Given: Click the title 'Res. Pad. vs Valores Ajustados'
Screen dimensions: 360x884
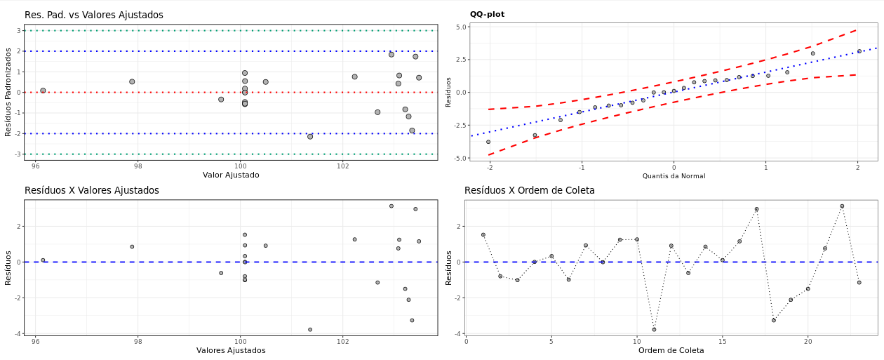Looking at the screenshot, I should click(x=93, y=15).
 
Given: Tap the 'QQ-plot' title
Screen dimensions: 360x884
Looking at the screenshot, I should click(x=487, y=14).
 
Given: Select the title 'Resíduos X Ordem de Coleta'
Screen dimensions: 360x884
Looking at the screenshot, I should click(x=529, y=190).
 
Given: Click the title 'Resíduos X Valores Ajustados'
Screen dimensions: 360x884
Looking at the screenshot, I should click(x=91, y=190).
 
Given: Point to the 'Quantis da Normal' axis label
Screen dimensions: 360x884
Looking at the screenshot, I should click(x=674, y=176).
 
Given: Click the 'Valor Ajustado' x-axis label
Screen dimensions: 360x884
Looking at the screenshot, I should click(x=231, y=175).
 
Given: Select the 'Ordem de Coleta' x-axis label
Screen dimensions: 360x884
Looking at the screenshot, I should click(x=671, y=350).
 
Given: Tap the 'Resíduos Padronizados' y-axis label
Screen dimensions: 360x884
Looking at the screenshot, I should click(x=8, y=92).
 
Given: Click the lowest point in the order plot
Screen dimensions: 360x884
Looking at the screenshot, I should click(x=654, y=329).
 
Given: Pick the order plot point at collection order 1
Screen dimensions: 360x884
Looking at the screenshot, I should click(x=483, y=235).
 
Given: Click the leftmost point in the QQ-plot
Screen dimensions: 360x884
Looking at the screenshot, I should click(x=488, y=142).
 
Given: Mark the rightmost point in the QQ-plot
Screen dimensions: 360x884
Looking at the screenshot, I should click(x=859, y=51).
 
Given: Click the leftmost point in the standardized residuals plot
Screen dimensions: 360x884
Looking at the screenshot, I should click(x=43, y=91).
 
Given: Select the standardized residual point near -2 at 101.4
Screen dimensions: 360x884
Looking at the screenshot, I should click(x=310, y=136).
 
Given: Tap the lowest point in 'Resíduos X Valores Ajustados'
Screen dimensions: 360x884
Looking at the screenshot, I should click(x=310, y=329).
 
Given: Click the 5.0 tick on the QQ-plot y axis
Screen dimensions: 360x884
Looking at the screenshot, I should click(x=460, y=27).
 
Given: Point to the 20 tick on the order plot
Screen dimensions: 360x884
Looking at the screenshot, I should click(x=808, y=342).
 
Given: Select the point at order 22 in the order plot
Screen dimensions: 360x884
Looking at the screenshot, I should click(x=842, y=206).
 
